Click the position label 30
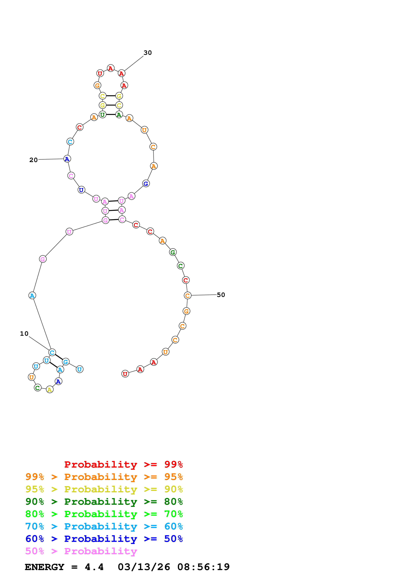pos(148,53)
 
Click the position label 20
pos(33,160)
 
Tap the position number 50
pos(221,295)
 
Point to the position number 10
pos(24,334)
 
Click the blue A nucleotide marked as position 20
pos(67,159)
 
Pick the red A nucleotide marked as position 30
pos(122,73)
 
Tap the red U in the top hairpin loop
pos(100,73)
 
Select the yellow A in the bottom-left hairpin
pos(50,390)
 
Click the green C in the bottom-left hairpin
pos(38,388)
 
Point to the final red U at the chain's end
pos(125,374)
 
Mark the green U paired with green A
pos(102,115)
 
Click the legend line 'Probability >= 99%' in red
pos(123,464)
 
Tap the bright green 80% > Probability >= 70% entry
pos(104,514)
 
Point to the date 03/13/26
pos(144,567)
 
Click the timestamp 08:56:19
pos(203,567)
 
